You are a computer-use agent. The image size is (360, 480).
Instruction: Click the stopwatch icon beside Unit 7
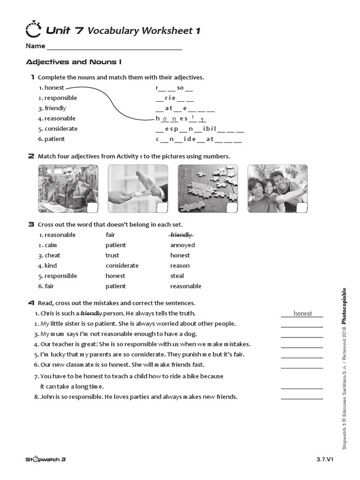tap(33, 30)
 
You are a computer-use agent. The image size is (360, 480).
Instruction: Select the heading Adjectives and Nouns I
tap(74, 62)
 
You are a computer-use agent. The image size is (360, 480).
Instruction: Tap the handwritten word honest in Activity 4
tap(302, 314)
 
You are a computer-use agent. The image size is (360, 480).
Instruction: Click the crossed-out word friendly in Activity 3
tap(181, 235)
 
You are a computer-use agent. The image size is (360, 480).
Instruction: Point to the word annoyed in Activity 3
tap(182, 245)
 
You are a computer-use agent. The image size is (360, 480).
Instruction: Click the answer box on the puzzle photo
tap(232, 208)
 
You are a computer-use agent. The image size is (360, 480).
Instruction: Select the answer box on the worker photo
tap(92, 208)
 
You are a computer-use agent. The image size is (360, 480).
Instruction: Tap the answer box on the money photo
tap(162, 208)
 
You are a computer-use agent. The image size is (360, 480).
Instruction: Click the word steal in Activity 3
tap(177, 276)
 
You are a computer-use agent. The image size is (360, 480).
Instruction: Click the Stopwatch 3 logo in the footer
tap(45, 460)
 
